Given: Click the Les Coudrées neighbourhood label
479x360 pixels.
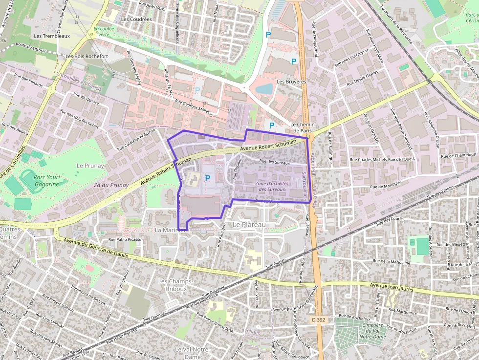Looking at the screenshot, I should click(136, 20).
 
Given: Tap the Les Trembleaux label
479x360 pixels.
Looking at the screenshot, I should click(52, 36).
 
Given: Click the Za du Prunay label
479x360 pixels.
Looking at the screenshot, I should click(111, 185).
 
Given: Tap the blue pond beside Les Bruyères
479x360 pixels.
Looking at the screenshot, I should click(264, 89).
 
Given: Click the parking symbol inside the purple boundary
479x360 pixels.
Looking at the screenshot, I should click(208, 179).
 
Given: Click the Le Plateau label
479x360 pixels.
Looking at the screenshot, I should click(249, 224).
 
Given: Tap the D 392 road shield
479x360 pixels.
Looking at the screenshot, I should click(318, 319).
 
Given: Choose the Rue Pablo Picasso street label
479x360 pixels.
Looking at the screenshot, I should click(125, 240).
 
